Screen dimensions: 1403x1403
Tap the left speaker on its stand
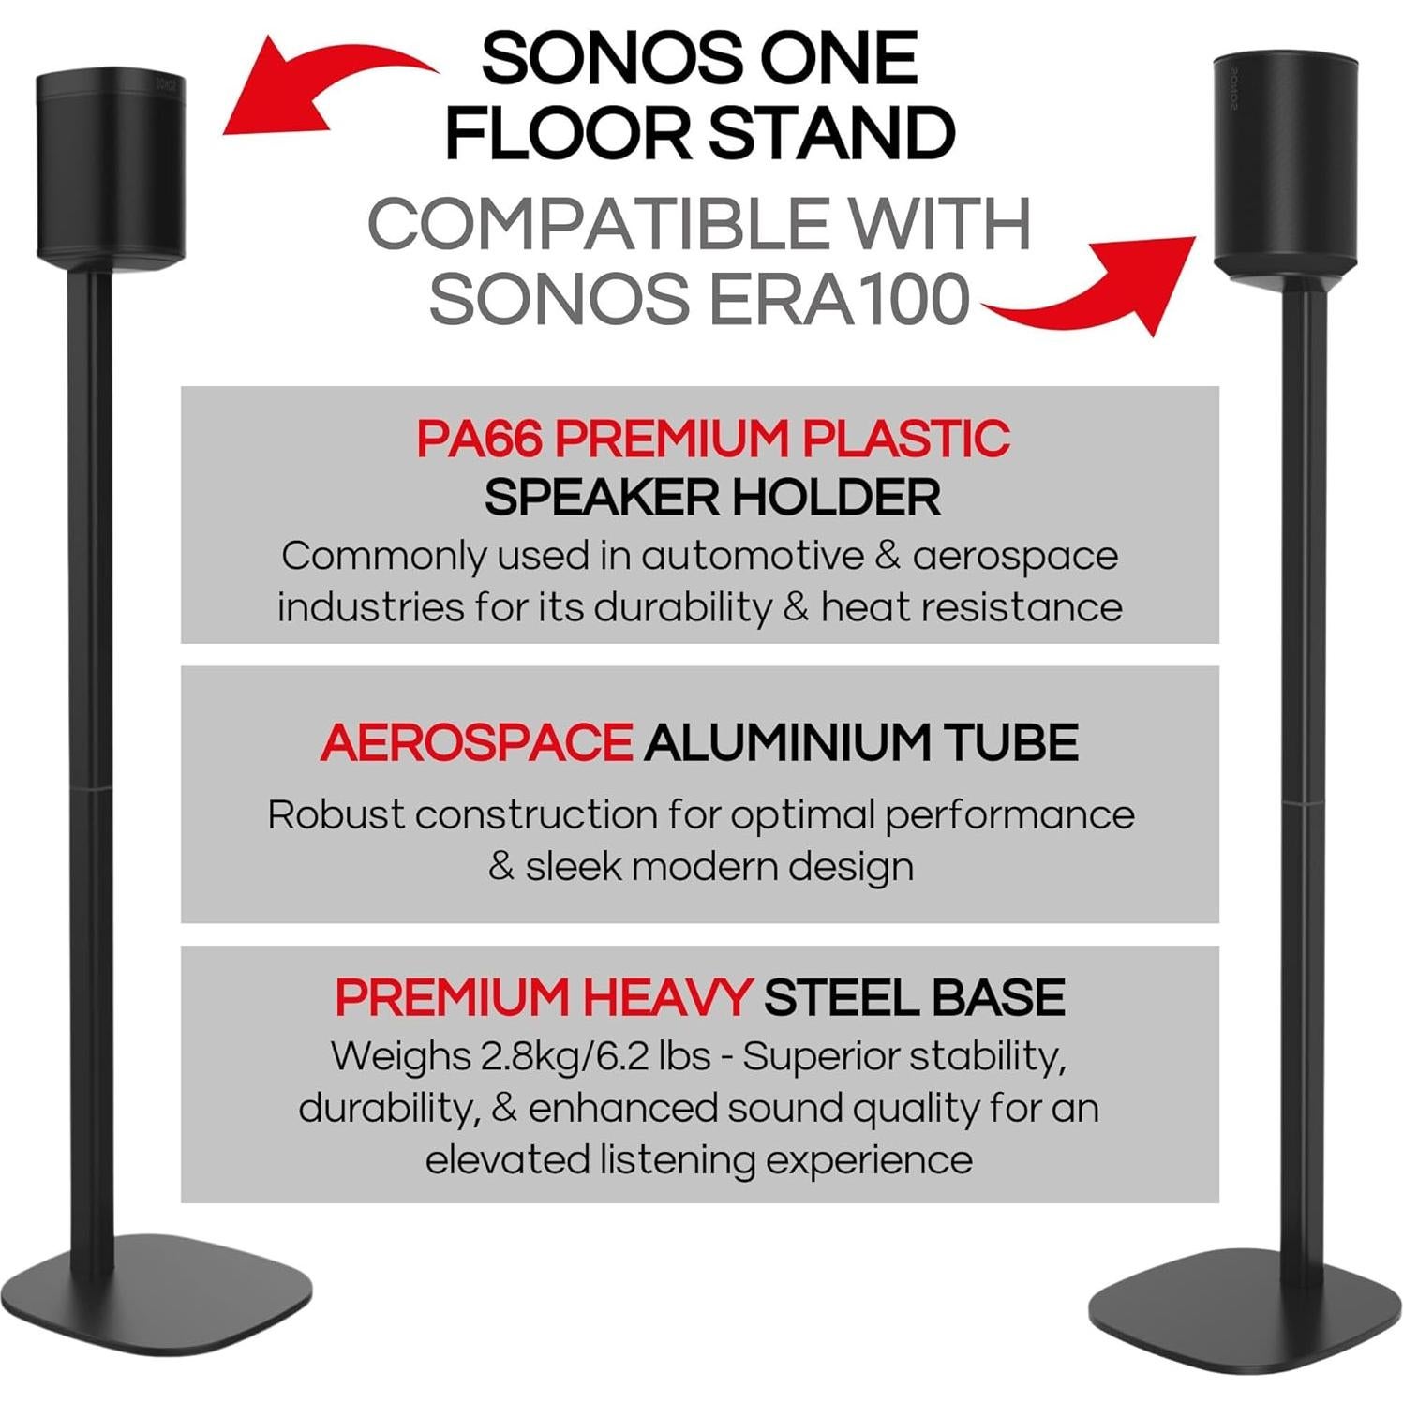[112, 163]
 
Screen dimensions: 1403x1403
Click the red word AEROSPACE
[476, 743]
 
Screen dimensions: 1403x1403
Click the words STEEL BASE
[914, 997]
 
